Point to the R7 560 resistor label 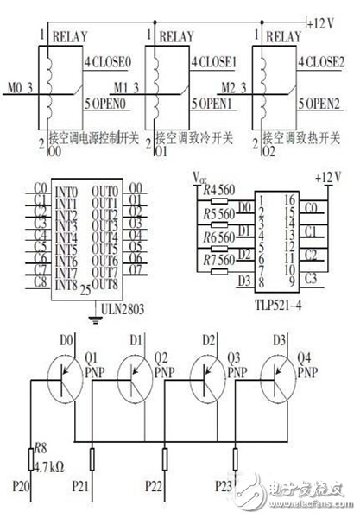(218, 260)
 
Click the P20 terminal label (22, 484)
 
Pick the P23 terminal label (225, 484)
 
